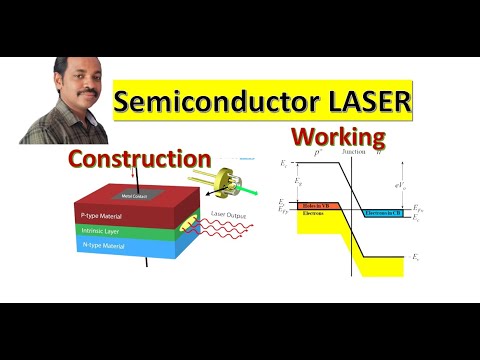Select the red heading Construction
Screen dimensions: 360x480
139,158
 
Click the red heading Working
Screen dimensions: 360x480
338,137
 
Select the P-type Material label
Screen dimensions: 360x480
105,216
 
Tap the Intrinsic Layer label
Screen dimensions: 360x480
101,231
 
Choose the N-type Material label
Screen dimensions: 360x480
105,246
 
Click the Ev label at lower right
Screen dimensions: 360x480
417,257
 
